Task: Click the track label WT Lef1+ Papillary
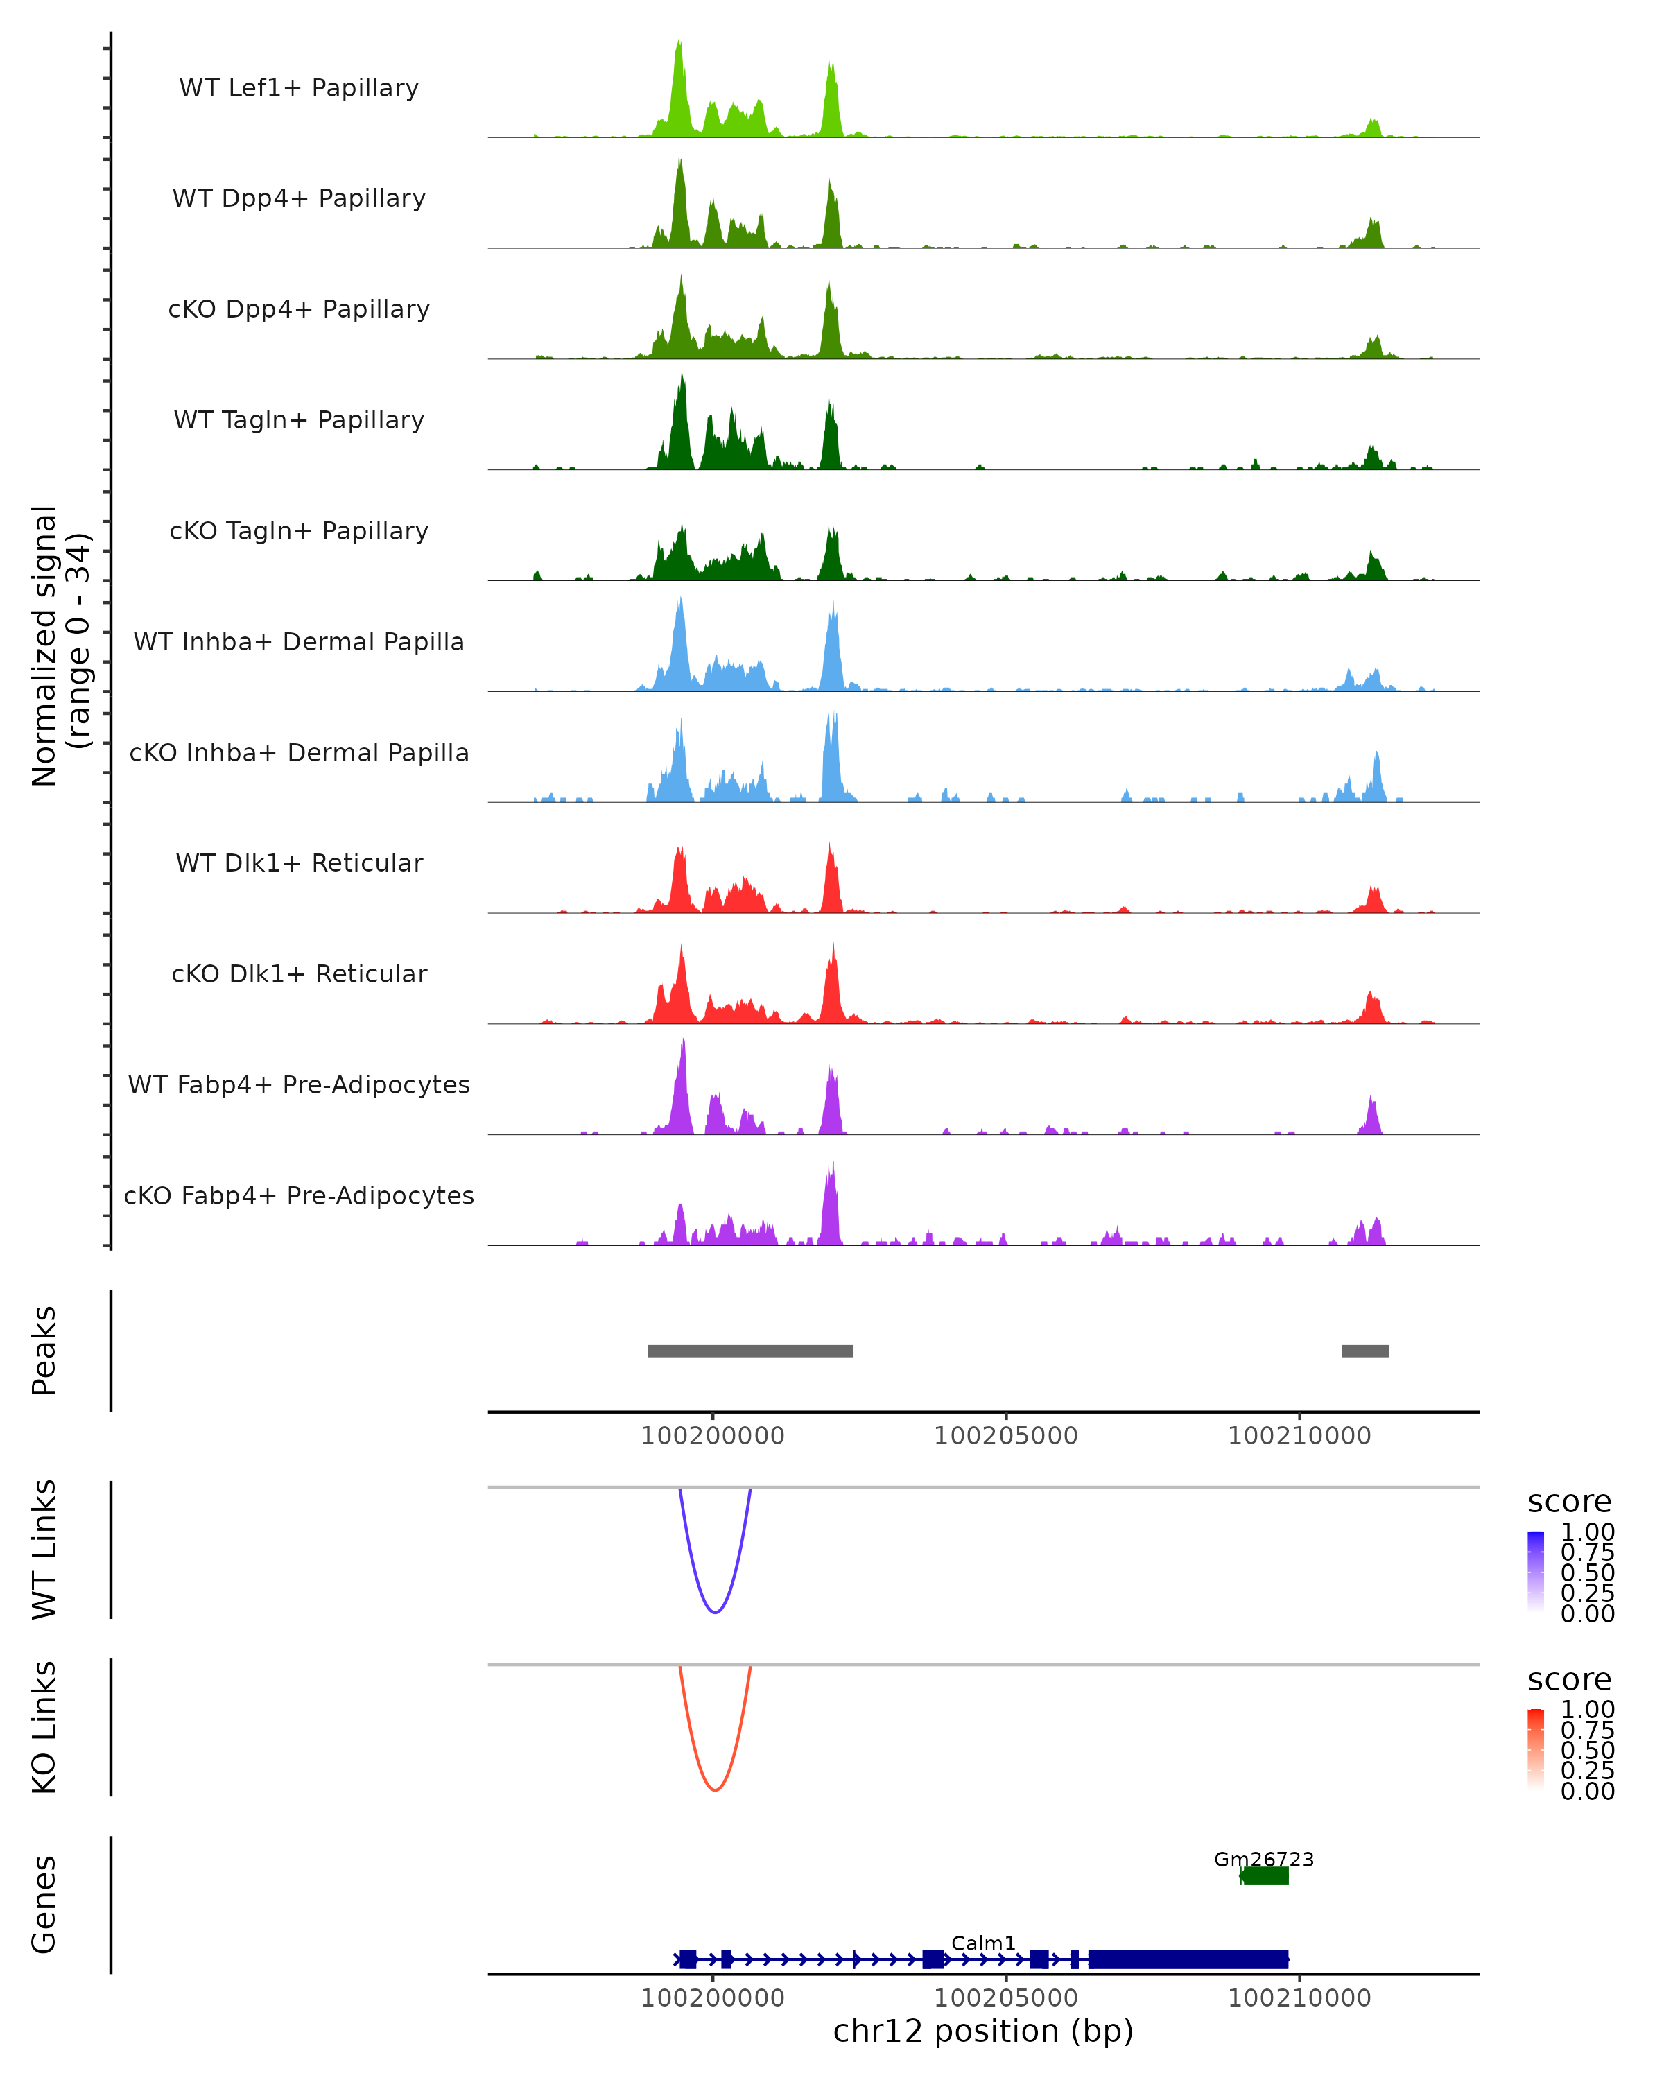click(x=299, y=88)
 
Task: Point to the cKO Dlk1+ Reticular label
click(x=299, y=973)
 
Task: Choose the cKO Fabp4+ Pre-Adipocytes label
click(x=299, y=1195)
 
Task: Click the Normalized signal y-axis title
click(x=60, y=645)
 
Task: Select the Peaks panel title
click(x=44, y=1350)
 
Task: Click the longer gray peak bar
click(x=749, y=1351)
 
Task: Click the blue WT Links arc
click(x=715, y=1611)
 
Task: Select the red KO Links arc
click(x=715, y=1789)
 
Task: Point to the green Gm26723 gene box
click(x=1265, y=1876)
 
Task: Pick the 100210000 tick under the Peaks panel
click(x=1299, y=1436)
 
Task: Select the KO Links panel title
click(x=44, y=1727)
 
